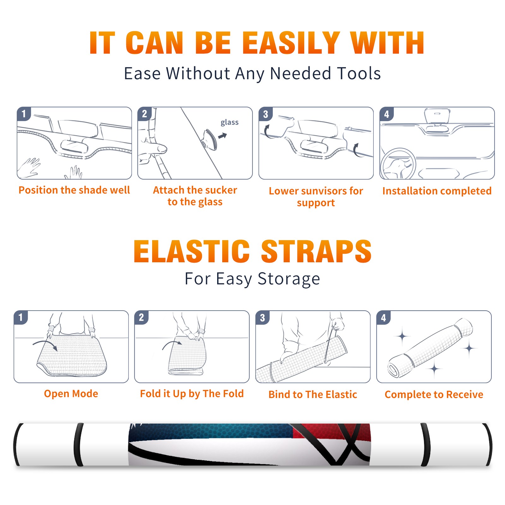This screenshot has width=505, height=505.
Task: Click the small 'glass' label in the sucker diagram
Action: (229, 122)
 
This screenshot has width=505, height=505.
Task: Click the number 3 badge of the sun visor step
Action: (265, 114)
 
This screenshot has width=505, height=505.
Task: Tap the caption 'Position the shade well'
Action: (74, 190)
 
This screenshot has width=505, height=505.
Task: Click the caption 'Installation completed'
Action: (437, 191)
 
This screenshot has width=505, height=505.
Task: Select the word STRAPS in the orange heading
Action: (316, 251)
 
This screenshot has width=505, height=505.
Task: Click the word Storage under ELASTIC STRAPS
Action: (289, 279)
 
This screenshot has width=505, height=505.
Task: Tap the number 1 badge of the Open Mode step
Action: (21, 317)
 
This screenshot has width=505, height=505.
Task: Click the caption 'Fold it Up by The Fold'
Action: (192, 394)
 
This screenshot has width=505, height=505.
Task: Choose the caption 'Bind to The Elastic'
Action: (312, 394)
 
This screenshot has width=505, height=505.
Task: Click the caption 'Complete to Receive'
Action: (434, 394)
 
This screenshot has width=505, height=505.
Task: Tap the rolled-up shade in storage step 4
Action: (430, 348)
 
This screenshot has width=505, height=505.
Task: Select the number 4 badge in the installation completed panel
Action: (386, 114)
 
